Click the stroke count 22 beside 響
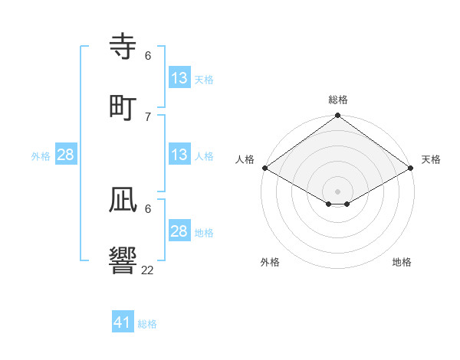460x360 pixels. (x=148, y=270)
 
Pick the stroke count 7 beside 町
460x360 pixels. (x=148, y=116)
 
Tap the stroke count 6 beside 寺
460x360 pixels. (x=148, y=56)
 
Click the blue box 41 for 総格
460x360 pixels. (x=123, y=322)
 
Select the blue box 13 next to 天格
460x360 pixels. (x=179, y=78)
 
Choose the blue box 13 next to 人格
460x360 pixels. (x=179, y=155)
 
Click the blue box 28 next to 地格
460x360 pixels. (x=179, y=231)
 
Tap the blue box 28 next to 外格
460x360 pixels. (x=66, y=155)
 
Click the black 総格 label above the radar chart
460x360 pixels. (x=338, y=100)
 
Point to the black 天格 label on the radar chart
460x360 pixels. (x=431, y=159)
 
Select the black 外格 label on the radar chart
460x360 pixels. (x=270, y=262)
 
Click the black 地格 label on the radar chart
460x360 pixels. (x=402, y=262)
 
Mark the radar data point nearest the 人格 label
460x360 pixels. (x=264, y=168)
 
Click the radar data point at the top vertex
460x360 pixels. (x=338, y=116)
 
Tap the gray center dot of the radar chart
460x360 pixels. (x=338, y=191)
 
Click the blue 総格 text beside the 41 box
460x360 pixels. (x=147, y=324)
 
